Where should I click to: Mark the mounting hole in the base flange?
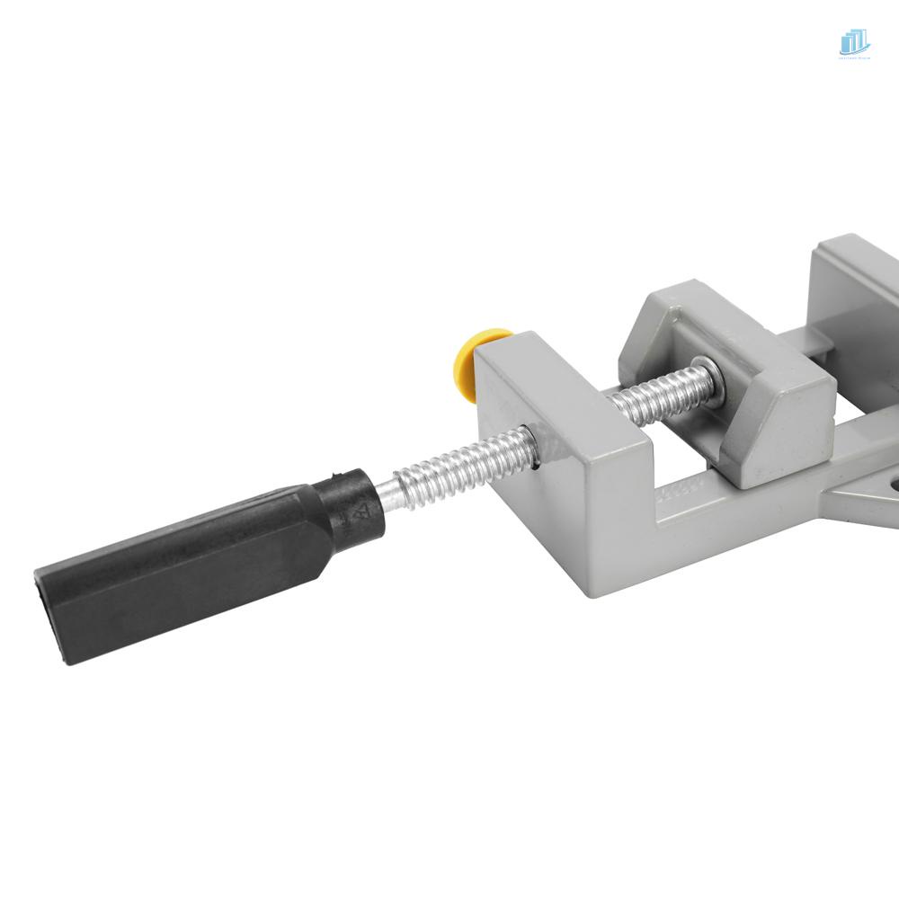point(892,486)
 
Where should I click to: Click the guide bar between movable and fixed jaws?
point(809,346)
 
